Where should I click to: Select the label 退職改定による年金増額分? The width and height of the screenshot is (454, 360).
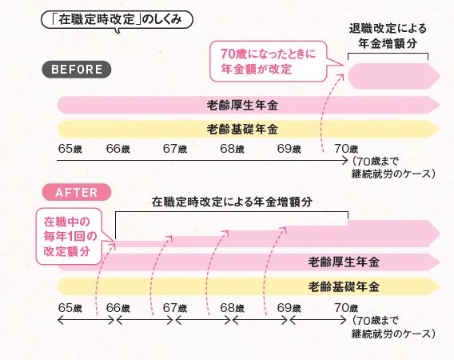[x=388, y=35]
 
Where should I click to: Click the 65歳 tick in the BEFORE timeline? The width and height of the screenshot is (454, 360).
[x=70, y=149]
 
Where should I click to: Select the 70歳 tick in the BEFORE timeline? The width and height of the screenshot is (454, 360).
[x=347, y=149]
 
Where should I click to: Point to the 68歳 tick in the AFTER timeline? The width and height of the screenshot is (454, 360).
[x=232, y=307]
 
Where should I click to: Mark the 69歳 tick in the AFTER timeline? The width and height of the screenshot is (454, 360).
[x=289, y=307]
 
